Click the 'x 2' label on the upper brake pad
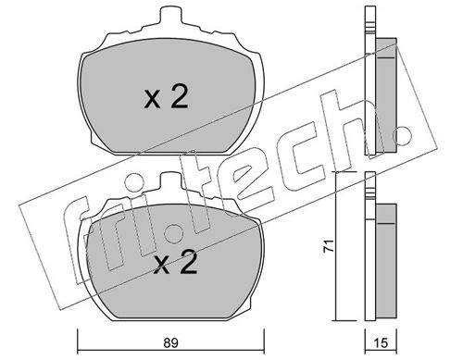point(167,98)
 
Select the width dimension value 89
point(168,341)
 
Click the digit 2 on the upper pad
point(180,98)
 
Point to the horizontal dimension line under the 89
point(168,331)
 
